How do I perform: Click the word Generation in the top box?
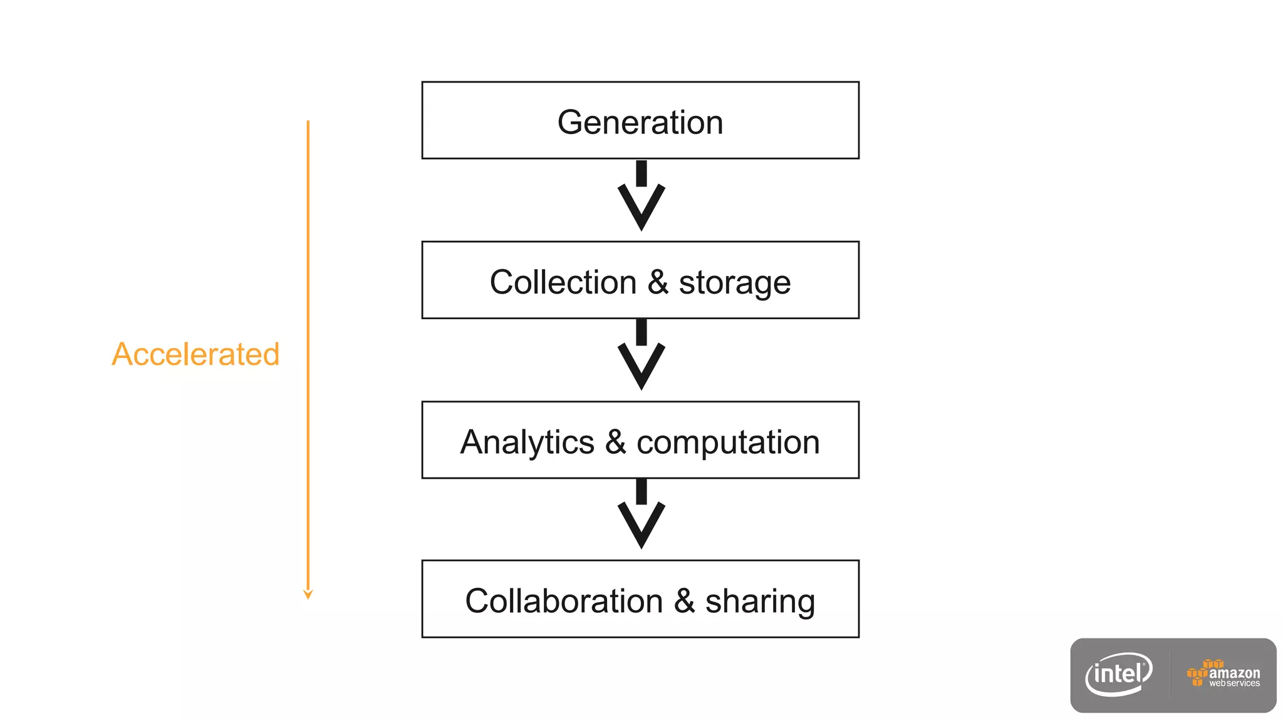pos(640,122)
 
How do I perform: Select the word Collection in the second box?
pos(563,282)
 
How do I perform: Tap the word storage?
pos(734,283)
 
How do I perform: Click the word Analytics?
pos(527,442)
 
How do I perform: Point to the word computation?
pos(728,442)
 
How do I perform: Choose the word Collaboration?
pos(564,601)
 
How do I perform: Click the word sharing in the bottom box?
pos(760,601)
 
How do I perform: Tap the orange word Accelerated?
pos(195,354)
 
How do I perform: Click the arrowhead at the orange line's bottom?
pos(308,594)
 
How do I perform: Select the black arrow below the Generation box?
pos(641,197)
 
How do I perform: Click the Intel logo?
pos(1119,674)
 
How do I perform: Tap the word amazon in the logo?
pos(1234,673)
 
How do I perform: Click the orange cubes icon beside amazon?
pos(1198,673)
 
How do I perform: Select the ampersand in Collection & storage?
pos(658,282)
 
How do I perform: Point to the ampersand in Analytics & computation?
pos(615,442)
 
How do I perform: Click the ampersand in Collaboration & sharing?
pos(684,601)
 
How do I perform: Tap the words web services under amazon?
pos(1234,683)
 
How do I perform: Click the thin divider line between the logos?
pos(1170,674)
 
